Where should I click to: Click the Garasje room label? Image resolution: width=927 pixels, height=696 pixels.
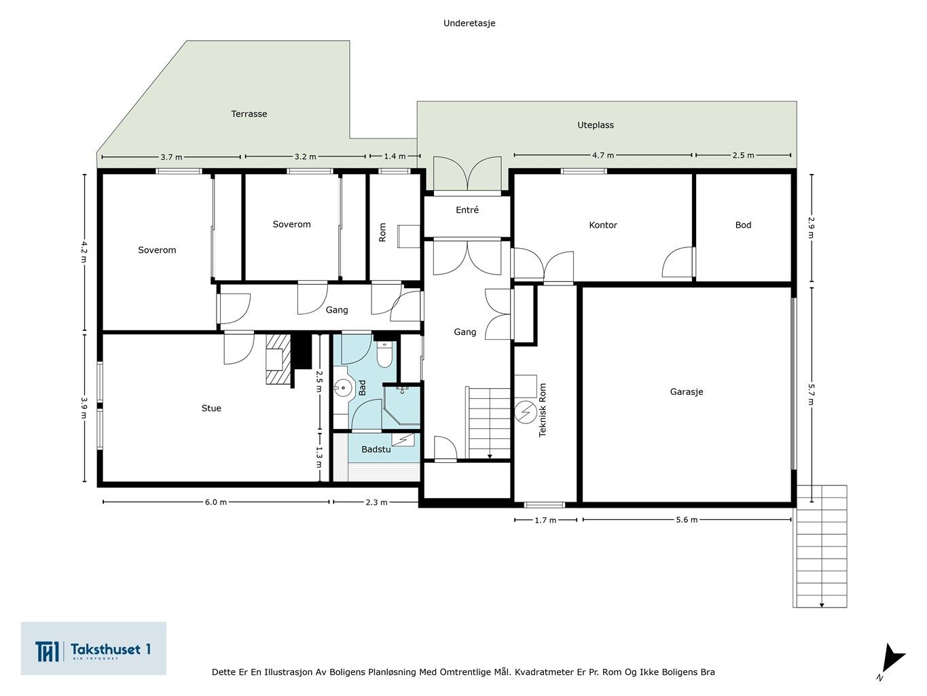[x=687, y=391]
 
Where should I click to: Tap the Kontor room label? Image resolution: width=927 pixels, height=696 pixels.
[x=602, y=225]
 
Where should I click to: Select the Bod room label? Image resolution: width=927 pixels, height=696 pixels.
[x=743, y=225]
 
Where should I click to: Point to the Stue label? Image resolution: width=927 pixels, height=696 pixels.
[x=211, y=408]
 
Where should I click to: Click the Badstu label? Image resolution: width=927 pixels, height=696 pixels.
[x=376, y=449]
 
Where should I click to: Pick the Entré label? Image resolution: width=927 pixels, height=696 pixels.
[x=467, y=209]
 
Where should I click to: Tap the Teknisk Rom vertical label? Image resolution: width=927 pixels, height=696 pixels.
[x=542, y=410]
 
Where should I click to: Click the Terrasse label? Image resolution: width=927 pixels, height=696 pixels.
[x=249, y=114]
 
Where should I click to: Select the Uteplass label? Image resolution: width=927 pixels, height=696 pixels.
[x=596, y=124]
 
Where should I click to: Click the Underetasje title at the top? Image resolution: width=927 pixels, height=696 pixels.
[x=469, y=23]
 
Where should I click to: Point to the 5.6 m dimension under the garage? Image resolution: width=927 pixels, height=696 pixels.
[x=687, y=520]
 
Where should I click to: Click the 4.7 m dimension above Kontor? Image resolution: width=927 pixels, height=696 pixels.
[x=602, y=155]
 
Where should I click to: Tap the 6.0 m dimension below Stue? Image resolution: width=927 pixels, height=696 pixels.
[x=216, y=502]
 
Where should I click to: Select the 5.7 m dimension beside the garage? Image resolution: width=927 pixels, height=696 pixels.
[x=812, y=394]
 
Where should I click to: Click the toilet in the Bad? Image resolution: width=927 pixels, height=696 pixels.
[x=384, y=354]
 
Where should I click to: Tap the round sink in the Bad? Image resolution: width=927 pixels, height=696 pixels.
[x=344, y=387]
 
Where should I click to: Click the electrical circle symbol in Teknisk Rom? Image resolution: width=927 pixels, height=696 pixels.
[x=526, y=412]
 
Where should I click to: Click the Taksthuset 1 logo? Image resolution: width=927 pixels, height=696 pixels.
[x=93, y=648]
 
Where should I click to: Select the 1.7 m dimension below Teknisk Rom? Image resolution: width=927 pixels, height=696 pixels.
[x=545, y=520]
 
